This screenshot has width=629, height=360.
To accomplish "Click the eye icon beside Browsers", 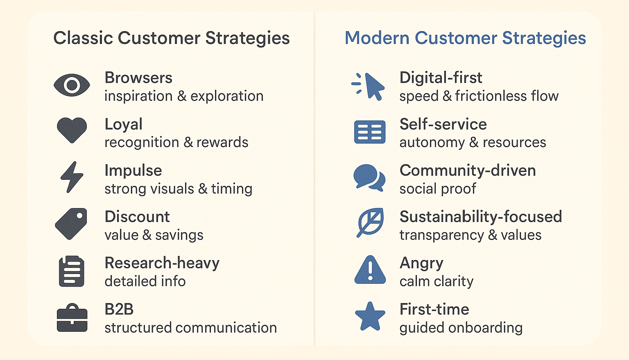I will coord(72,85).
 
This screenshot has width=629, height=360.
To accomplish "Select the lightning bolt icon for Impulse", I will coord(72,177).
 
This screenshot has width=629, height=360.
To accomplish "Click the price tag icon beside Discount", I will coord(71,224).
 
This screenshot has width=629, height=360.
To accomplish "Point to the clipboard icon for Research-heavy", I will coord(72,271).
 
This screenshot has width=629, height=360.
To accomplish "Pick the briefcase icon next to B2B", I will coord(72,318).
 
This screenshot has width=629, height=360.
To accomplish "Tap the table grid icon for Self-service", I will coord(369,132).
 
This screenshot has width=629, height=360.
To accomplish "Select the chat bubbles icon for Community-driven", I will coord(369,178).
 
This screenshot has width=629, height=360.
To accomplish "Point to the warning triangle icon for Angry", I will coord(370,270).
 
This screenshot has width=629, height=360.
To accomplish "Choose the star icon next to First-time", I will coord(370,317).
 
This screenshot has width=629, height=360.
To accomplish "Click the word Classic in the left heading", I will coord(83,38).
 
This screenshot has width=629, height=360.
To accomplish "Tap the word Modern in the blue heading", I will coord(377,38).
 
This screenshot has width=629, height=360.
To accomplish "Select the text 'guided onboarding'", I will coord(461,328).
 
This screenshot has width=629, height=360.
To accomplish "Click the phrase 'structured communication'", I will coord(190,328).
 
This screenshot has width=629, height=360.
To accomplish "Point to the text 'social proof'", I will coord(438,189).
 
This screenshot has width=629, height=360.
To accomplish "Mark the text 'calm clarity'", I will coord(436,281).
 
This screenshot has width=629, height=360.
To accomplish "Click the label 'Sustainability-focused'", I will coord(480,217).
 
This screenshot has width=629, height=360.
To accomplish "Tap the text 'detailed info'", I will coord(145,281).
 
